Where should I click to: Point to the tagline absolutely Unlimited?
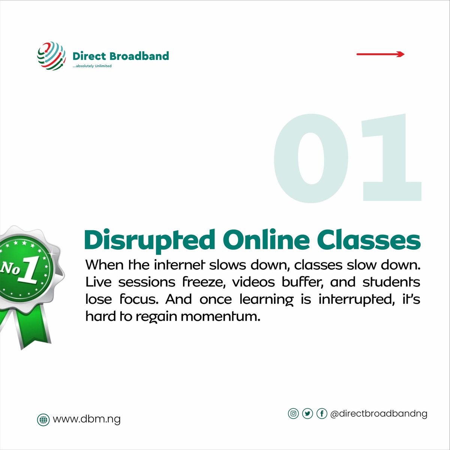pyautogui.click(x=92, y=66)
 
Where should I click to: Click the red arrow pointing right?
pyautogui.click(x=380, y=54)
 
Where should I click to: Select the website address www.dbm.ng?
pyautogui.click(x=87, y=419)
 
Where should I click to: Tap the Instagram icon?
pyautogui.click(x=293, y=414)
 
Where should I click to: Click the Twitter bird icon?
pyautogui.click(x=307, y=414)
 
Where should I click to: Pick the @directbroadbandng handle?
pyautogui.click(x=379, y=414)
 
